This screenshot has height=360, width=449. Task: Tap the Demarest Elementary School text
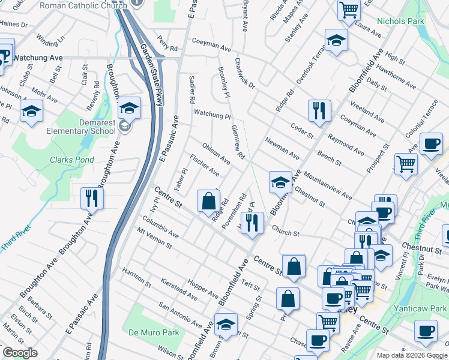click(x=89, y=127)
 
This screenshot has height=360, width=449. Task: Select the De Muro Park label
click(x=154, y=332)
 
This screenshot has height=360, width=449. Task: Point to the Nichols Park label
click(x=400, y=22)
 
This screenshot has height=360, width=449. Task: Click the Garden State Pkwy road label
click(x=152, y=75)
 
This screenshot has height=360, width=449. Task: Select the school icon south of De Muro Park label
click(x=226, y=325)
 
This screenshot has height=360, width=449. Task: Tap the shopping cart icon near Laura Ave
click(x=349, y=10)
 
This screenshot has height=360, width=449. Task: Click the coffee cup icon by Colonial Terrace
click(x=430, y=144)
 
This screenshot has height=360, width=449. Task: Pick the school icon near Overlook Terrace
click(x=337, y=40)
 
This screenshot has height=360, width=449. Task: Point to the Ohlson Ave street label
click(x=217, y=153)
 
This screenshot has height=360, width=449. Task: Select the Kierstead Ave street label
click(x=180, y=289)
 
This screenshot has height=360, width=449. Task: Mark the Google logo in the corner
click(x=20, y=353)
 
